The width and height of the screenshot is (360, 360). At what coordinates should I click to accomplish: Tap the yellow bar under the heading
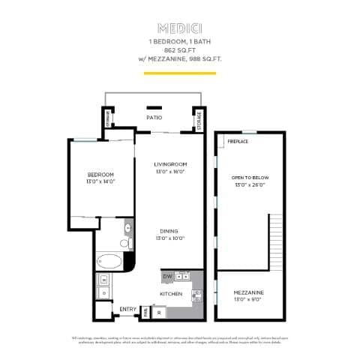[x=180, y=73]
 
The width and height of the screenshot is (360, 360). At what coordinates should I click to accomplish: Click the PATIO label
[x=154, y=118]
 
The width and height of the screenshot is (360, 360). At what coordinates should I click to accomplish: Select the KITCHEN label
[x=172, y=294]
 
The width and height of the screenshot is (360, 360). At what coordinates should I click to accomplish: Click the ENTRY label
[x=127, y=309]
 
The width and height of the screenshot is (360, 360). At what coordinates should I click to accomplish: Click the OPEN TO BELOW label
[x=250, y=177]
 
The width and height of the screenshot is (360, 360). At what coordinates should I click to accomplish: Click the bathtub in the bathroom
[x=109, y=262]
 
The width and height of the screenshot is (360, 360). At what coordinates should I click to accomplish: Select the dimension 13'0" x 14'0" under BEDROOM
[x=100, y=181]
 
